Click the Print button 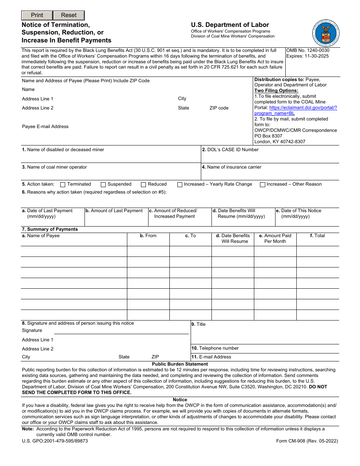(x=37, y=16)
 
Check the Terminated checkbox (x=63, y=185)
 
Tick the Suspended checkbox (x=103, y=185)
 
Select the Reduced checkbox (x=143, y=185)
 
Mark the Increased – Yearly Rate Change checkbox (x=180, y=185)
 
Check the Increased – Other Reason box (x=262, y=185)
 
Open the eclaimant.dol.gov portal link (x=295, y=110)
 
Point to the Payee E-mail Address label (x=45, y=127)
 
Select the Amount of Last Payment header (x=114, y=211)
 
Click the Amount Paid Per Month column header (x=275, y=238)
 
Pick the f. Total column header (x=317, y=236)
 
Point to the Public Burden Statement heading (x=180, y=364)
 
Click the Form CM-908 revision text (x=307, y=441)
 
